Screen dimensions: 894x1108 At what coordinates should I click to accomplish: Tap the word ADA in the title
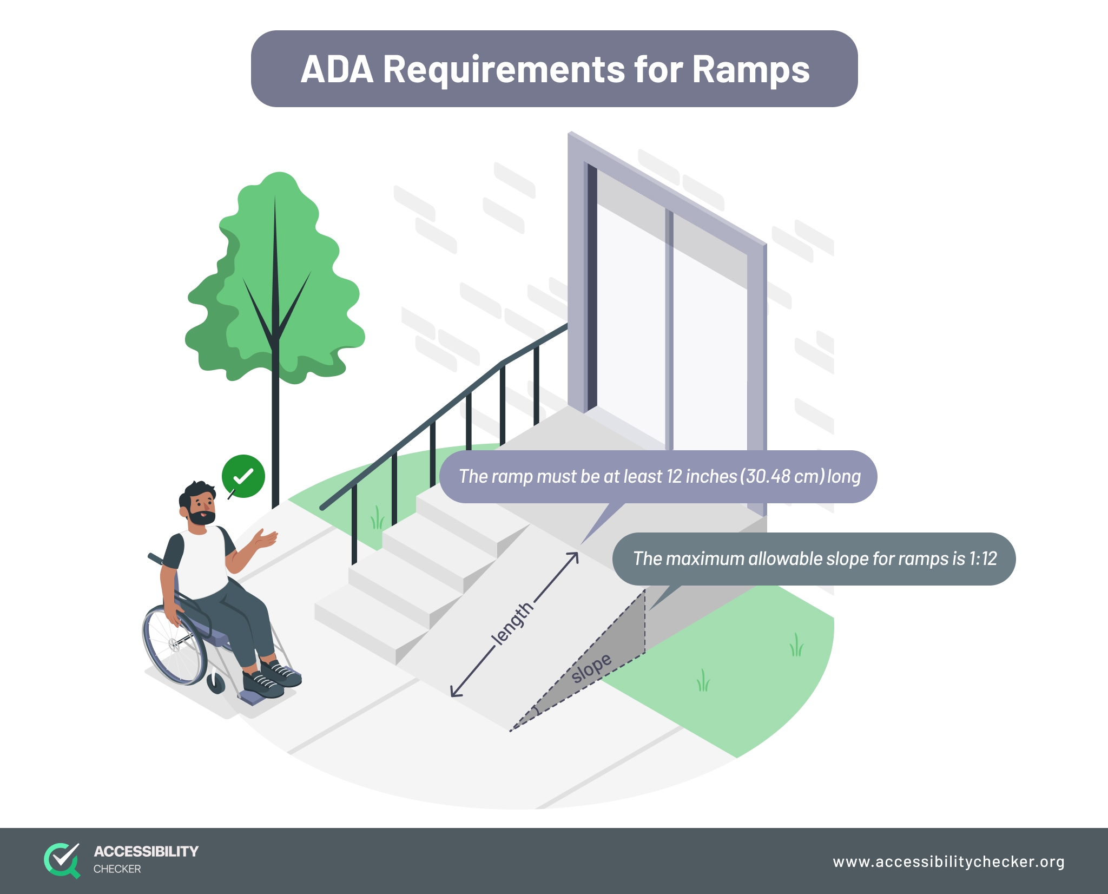337,70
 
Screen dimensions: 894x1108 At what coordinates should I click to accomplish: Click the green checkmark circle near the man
243,476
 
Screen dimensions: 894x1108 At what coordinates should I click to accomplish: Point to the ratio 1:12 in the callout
982,558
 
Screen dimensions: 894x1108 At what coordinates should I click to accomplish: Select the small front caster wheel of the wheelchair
216,683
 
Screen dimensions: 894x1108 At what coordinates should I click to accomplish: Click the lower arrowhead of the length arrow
454,693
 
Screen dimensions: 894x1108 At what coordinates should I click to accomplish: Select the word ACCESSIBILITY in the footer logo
146,851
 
